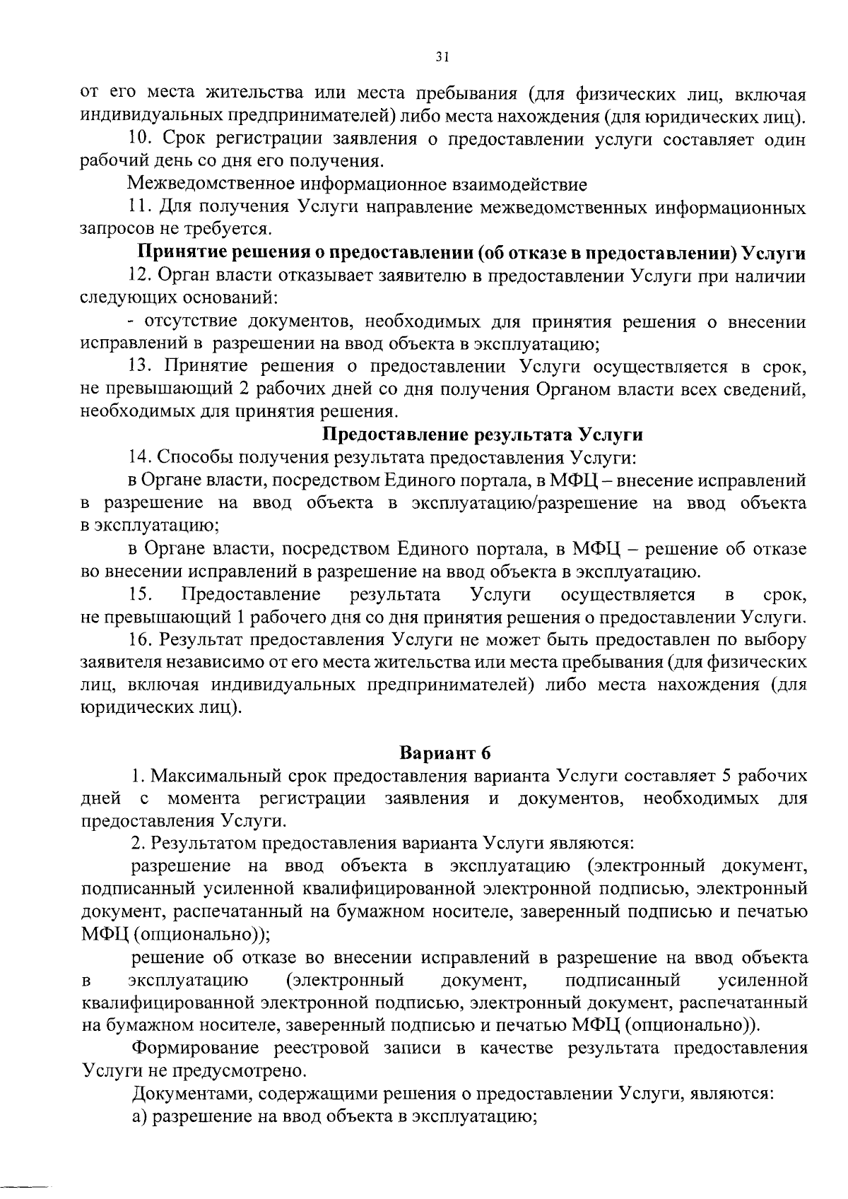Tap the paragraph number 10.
139,139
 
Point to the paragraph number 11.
139,208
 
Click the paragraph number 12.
139,276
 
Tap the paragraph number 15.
139,594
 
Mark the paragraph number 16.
139,640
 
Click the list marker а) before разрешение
141,1116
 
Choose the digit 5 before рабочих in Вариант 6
726,776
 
